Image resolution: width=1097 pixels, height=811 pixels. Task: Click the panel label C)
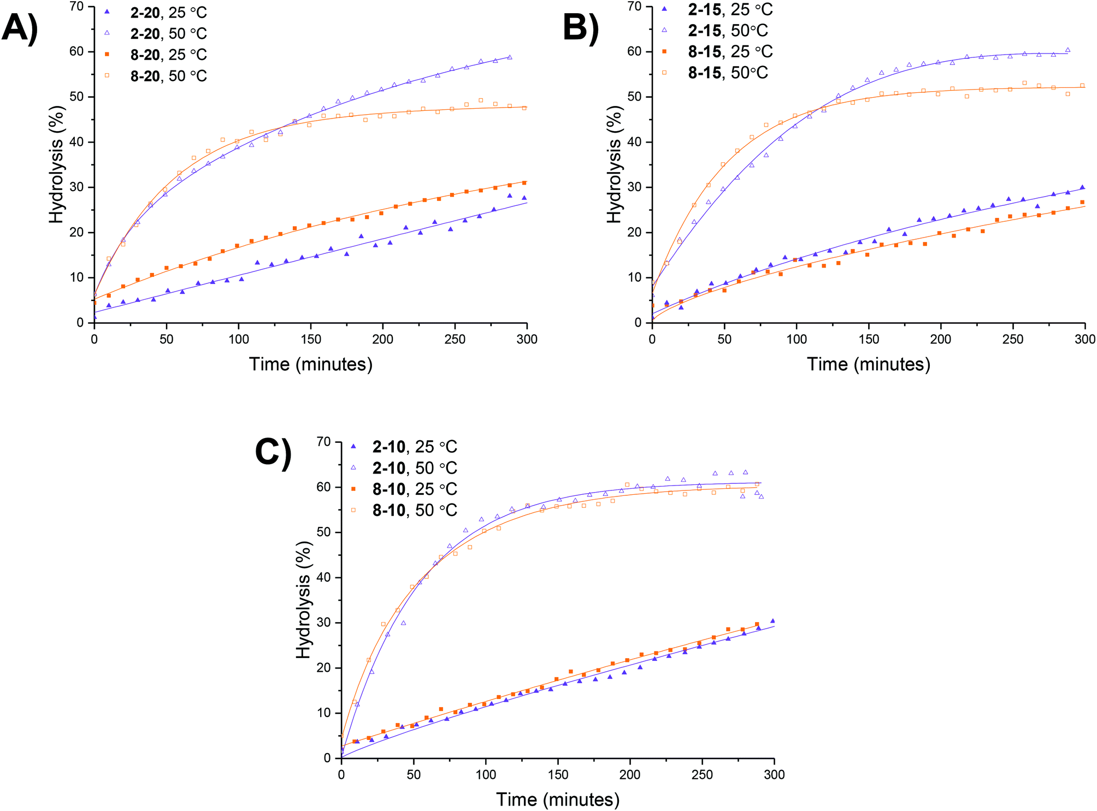pos(273,453)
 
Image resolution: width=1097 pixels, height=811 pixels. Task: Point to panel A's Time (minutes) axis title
pos(311,364)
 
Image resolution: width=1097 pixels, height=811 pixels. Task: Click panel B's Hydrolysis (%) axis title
pos(614,164)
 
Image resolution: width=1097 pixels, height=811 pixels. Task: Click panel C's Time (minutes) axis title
pos(558,800)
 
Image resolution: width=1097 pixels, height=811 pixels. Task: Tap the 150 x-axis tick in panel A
pos(310,339)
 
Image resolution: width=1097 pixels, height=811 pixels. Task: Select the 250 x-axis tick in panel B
pos(1013,339)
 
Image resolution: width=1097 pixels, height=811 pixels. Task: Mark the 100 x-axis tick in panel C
pos(486,774)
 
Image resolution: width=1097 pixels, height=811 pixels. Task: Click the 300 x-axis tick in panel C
pos(774,774)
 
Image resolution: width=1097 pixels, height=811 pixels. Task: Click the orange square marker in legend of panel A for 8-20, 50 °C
pos(107,75)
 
